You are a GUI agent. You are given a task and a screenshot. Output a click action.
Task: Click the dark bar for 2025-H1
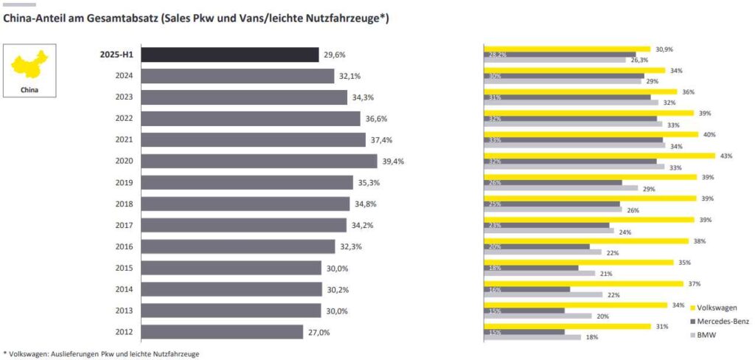tap(229, 55)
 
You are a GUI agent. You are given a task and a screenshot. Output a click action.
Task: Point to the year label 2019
tap(124, 182)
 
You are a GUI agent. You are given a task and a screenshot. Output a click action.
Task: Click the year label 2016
tap(124, 246)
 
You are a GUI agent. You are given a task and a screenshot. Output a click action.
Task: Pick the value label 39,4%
tap(393, 161)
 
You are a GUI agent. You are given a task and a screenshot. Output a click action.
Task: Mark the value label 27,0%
tap(319, 332)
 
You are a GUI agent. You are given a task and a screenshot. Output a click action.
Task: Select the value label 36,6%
tap(376, 119)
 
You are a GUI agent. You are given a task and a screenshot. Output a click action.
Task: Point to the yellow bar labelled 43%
tap(599, 156)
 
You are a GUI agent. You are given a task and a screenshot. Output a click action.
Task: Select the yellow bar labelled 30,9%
tap(566, 49)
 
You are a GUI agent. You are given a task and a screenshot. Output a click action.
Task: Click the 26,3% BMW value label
tap(639, 60)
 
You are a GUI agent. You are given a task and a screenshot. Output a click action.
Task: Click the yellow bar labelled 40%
tap(591, 134)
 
